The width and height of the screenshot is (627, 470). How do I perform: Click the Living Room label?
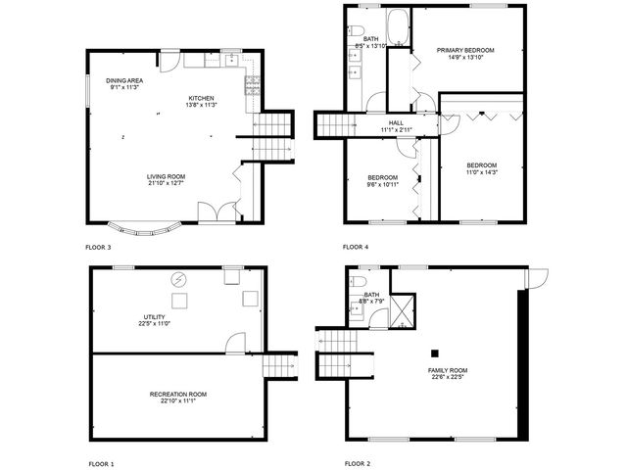point(166,176)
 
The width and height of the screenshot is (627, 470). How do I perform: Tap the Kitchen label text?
point(202,98)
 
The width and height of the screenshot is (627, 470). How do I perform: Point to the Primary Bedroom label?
point(465,50)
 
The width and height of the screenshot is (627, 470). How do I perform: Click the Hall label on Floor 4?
point(397,122)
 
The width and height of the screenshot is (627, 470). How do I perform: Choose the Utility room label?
point(154,317)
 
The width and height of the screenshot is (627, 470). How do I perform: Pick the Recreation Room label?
point(177,394)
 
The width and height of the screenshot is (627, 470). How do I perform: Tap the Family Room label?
point(448,370)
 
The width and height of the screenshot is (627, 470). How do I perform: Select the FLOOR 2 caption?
point(358,463)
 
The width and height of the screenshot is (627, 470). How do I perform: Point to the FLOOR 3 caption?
point(98,247)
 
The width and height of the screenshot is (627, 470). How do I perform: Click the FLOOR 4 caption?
point(356,247)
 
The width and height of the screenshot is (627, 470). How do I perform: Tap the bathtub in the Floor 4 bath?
point(399,24)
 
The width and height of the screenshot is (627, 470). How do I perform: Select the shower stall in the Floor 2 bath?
point(403,312)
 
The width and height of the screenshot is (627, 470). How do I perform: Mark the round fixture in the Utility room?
point(180,278)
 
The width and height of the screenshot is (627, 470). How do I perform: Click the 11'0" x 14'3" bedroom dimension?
point(481,172)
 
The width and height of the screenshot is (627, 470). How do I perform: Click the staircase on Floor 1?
point(278,365)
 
